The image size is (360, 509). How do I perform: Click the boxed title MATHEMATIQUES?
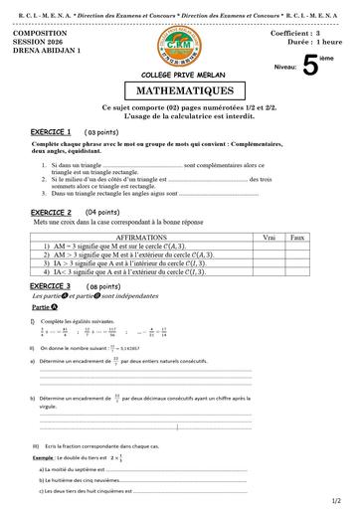click(x=179, y=90)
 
